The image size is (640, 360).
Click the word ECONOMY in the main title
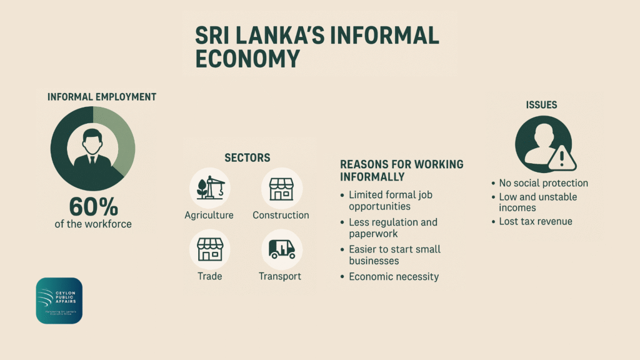[x=247, y=58]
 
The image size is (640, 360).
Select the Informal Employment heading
[x=102, y=97]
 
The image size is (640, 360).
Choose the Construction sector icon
[x=281, y=188]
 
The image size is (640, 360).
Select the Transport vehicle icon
[x=281, y=249]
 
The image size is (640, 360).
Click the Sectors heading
[x=247, y=158]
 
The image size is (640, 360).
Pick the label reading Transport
[x=280, y=276]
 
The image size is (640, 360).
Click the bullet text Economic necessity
[x=394, y=276]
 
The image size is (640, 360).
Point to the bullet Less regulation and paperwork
[x=392, y=227]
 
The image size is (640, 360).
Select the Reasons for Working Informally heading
[x=401, y=170]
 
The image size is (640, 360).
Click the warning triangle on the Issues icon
[x=562, y=159]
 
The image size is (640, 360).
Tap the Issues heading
[x=542, y=105]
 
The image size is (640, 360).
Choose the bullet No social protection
[x=543, y=183]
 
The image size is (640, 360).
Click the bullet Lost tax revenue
[x=535, y=221]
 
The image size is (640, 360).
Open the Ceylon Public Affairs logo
[x=59, y=301]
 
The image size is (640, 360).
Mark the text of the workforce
[x=93, y=224]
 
